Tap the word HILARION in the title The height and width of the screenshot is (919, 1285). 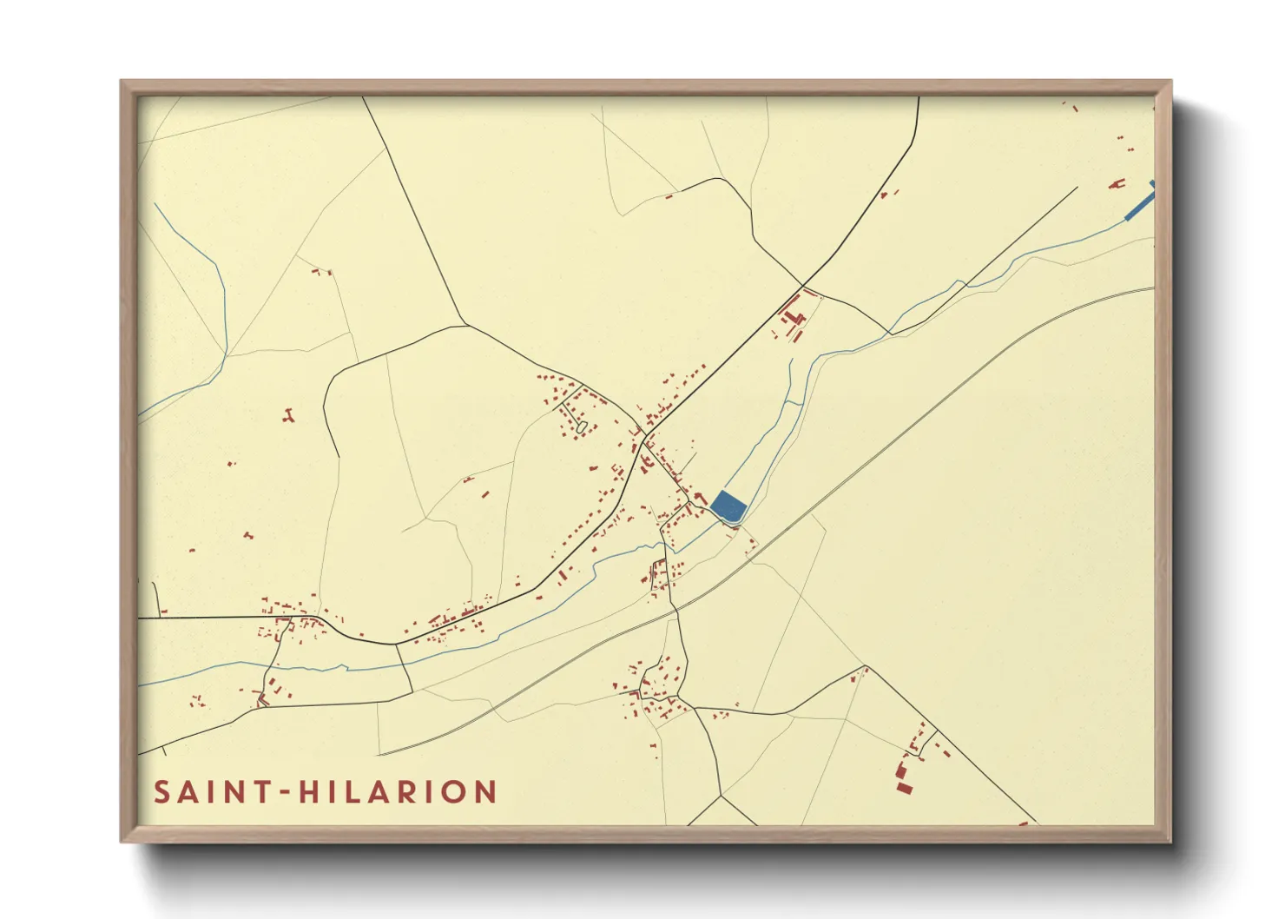point(399,792)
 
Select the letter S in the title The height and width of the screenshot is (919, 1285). point(161,792)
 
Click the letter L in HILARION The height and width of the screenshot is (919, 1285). point(354,792)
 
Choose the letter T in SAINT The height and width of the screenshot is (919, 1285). point(259,792)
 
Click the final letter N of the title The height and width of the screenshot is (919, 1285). point(486,792)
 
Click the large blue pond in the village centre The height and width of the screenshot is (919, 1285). point(728,506)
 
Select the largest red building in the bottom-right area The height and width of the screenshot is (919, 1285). point(904,787)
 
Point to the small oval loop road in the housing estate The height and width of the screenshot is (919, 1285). point(581,427)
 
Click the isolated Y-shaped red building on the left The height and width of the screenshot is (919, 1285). point(288,416)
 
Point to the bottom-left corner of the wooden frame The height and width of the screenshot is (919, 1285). point(122,840)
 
